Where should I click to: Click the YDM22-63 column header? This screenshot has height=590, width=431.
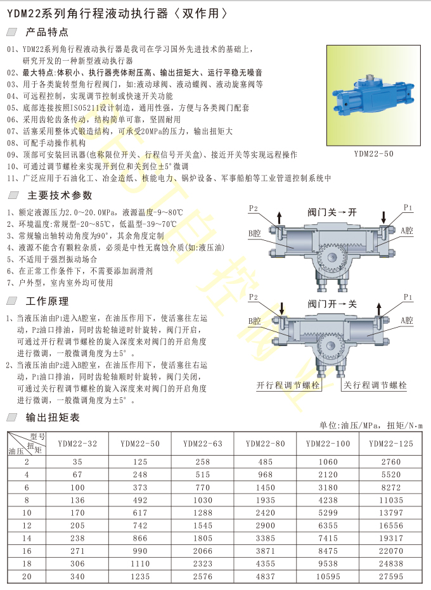[x=203, y=444]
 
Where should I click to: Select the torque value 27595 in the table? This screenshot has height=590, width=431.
[x=391, y=577]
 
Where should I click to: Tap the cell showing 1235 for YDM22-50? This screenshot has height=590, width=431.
[x=140, y=577]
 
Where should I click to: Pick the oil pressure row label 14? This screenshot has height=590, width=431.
[x=27, y=538]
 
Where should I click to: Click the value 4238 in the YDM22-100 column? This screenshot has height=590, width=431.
[x=328, y=500]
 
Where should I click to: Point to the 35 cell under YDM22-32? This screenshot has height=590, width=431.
[x=77, y=462]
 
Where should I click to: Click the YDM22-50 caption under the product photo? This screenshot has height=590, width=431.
[x=374, y=153]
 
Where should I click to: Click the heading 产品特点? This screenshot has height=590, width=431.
[x=47, y=32]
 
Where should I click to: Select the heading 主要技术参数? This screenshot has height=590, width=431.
[x=60, y=195]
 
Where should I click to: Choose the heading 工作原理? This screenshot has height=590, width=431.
[x=47, y=301]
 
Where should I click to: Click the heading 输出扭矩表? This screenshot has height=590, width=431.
[x=53, y=417]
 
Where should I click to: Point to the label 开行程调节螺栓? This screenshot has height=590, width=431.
[x=288, y=385]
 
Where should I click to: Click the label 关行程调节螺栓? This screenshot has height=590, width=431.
[x=375, y=385]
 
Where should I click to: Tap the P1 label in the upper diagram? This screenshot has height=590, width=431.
[x=408, y=207]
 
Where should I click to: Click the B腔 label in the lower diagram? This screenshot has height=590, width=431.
[x=254, y=321]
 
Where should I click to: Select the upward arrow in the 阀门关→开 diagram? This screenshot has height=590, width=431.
[x=280, y=218]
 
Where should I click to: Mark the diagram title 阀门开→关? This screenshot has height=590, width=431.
[x=332, y=304]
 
